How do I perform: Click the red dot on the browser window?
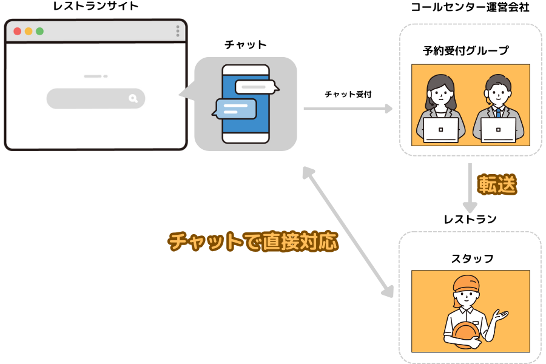[17, 31]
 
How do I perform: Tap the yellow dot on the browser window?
[29, 31]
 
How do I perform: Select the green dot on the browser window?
[39, 31]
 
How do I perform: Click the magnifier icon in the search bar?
[133, 98]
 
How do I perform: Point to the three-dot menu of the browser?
[178, 31]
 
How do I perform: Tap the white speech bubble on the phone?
[256, 87]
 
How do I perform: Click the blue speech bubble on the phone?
[236, 109]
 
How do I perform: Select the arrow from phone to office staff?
[348, 109]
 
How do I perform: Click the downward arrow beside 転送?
[470, 188]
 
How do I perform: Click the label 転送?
[497, 184]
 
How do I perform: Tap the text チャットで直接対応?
[253, 241]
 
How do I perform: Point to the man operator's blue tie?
[498, 112]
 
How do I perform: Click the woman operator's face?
[440, 93]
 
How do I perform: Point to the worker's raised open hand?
[500, 315]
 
